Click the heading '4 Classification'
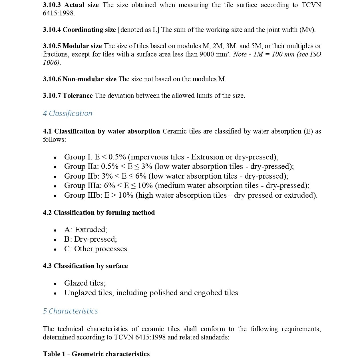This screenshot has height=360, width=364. point(67,114)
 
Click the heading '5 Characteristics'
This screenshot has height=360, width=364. point(70,311)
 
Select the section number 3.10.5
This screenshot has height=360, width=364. point(52,46)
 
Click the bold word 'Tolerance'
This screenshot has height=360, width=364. point(78,96)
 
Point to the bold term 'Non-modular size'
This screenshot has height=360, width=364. point(89,79)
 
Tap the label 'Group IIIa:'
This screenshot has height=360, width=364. point(83,186)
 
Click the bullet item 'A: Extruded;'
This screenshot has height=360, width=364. point(86,230)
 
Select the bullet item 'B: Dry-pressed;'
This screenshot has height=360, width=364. point(91,239)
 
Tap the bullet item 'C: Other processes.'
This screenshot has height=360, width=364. point(96,249)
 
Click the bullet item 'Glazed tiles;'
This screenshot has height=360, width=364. point(85,283)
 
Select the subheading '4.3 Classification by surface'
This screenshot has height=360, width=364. point(85,266)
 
